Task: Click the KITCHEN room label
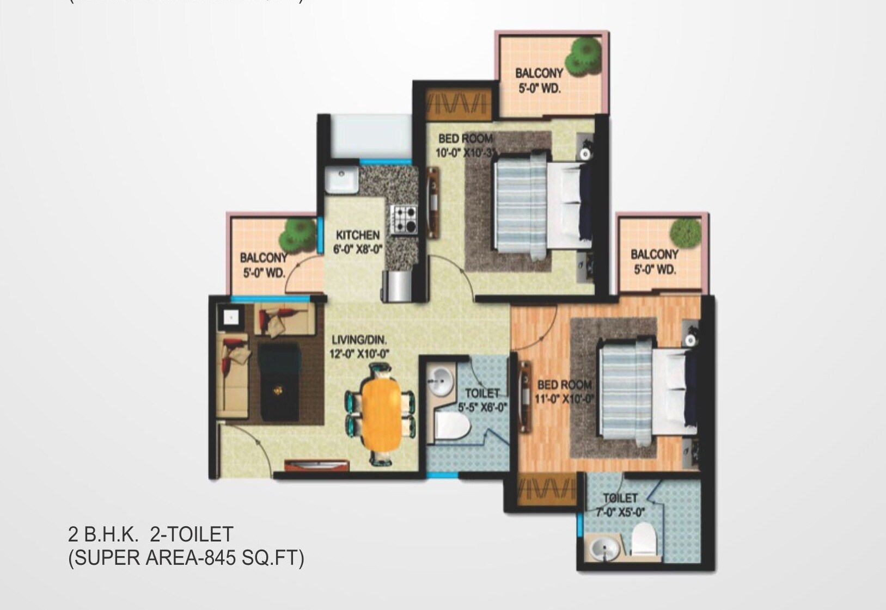click(358, 235)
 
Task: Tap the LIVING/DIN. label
click(359, 341)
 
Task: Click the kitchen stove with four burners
click(404, 219)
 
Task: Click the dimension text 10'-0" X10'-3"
click(467, 153)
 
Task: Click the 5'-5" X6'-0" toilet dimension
click(482, 406)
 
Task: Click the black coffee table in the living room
click(279, 381)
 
